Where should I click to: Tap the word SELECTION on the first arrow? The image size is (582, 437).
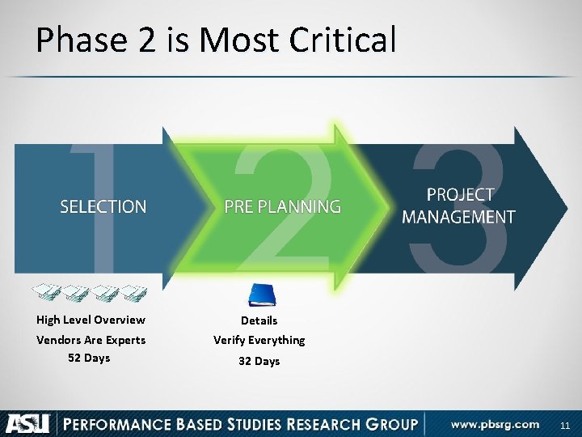pos(103,207)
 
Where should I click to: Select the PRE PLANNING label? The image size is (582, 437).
pos(282,207)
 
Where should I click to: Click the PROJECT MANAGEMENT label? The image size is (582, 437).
pos(458,206)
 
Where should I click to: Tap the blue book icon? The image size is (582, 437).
pos(262,295)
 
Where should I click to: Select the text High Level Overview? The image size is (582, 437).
pos(91,320)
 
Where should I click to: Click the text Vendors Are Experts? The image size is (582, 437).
pos(91,340)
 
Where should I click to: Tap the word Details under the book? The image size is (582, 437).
pos(259,320)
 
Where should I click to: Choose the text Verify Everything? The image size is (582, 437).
pos(259,340)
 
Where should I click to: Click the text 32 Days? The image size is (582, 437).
pos(259,361)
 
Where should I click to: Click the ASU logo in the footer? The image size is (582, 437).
pos(28,423)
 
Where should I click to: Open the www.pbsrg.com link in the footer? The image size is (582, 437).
pos(495,424)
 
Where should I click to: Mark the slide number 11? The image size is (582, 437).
pos(564,425)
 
